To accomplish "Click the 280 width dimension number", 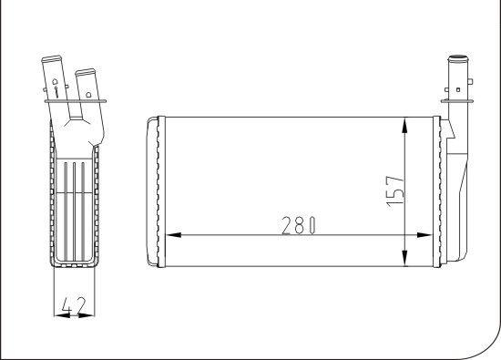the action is [x=299, y=225].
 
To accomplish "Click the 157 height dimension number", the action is [x=395, y=191].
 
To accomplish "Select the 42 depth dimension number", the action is [x=74, y=305].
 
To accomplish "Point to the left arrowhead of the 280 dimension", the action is [x=174, y=235].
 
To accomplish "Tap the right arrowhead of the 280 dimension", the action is [x=424, y=235].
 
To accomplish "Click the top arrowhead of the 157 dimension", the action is [x=404, y=125].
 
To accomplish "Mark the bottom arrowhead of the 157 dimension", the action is [x=404, y=258].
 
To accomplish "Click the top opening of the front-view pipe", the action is [x=458, y=59].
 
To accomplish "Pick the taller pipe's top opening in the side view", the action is [x=51, y=59].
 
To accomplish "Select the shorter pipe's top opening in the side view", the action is [x=85, y=72].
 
